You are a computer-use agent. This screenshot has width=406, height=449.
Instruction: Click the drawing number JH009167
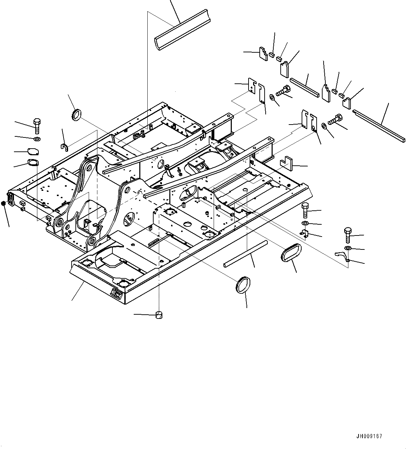pos(369,436)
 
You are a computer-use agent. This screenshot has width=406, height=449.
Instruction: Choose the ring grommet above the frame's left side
pos(76,114)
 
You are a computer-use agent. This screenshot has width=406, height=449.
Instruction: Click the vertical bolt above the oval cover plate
pos(37,126)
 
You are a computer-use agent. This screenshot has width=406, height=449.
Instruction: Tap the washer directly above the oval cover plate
pos(37,140)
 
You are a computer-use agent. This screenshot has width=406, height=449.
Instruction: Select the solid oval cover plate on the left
pos(33,151)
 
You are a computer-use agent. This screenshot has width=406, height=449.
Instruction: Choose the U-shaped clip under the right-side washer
pos(304,234)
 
